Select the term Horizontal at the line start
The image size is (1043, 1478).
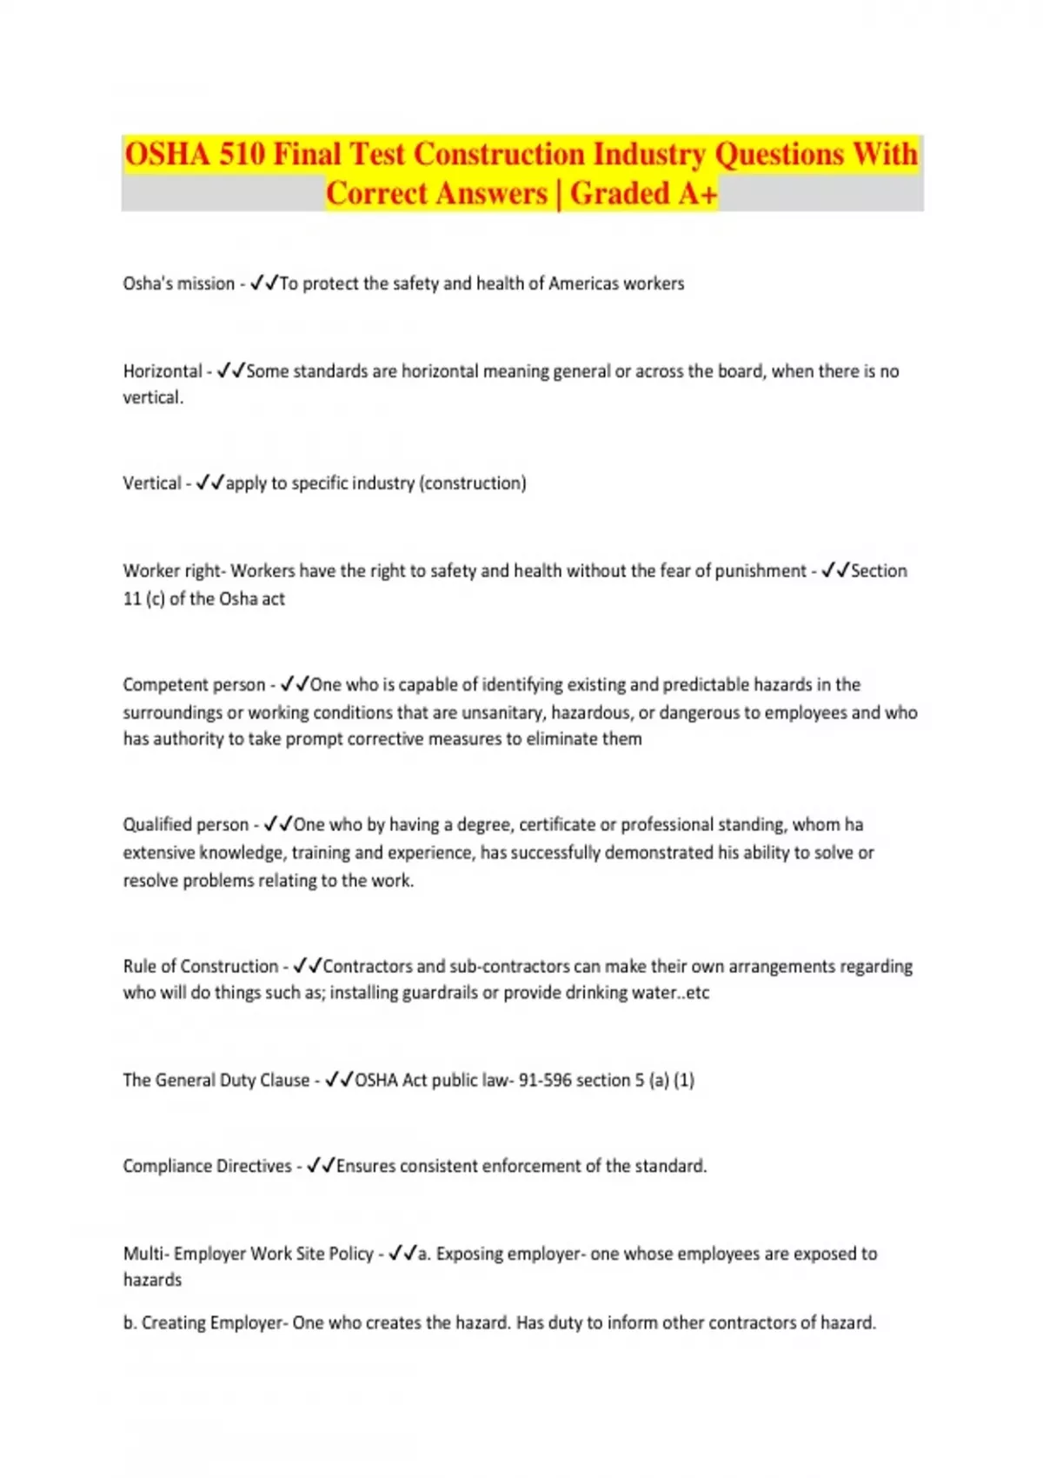click(163, 371)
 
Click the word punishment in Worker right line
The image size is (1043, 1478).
click(761, 571)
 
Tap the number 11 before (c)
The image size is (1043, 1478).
click(132, 599)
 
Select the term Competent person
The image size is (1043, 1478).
click(194, 685)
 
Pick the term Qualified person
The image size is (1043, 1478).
click(185, 825)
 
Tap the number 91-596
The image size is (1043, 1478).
click(545, 1081)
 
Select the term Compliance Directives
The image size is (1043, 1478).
click(207, 1166)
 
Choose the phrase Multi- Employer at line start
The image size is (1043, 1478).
click(183, 1254)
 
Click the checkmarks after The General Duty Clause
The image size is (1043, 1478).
click(339, 1080)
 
